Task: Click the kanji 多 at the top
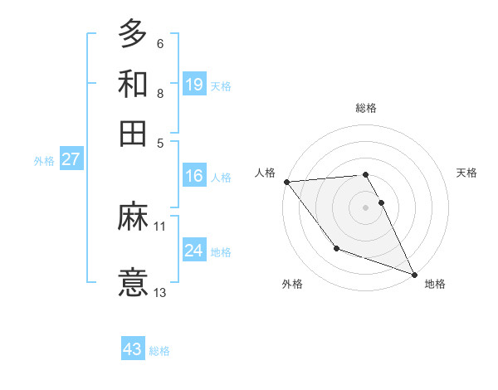pyautogui.click(x=133, y=35)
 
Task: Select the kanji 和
pyautogui.click(x=133, y=84)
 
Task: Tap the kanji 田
pyautogui.click(x=133, y=133)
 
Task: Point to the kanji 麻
pyautogui.click(x=133, y=217)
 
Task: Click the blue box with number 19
pyautogui.click(x=193, y=85)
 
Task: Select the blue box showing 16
pyautogui.click(x=193, y=176)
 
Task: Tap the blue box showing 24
pyautogui.click(x=193, y=251)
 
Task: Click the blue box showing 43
pyautogui.click(x=133, y=349)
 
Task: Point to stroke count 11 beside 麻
pyautogui.click(x=160, y=225)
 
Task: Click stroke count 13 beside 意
pyautogui.click(x=160, y=292)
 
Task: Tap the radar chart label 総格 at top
pyautogui.click(x=366, y=108)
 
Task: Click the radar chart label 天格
pyautogui.click(x=467, y=173)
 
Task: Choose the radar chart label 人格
pyautogui.click(x=265, y=173)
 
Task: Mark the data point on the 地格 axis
pyautogui.click(x=414, y=274)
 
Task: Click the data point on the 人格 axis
pyautogui.click(x=286, y=182)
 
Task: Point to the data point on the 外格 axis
pyautogui.click(x=336, y=248)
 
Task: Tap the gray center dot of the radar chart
pyautogui.click(x=366, y=207)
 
